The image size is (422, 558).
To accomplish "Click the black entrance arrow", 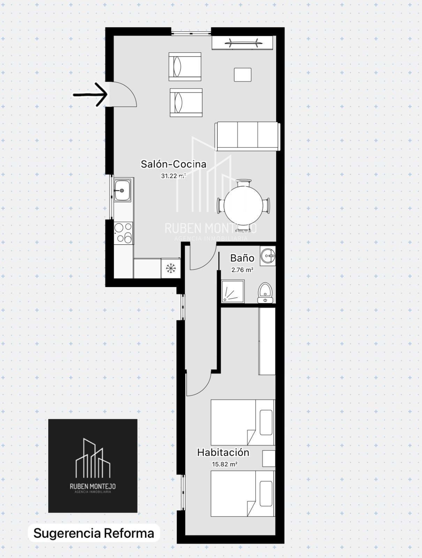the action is tap(90, 95).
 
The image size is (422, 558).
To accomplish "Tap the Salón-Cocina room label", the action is tap(174, 164).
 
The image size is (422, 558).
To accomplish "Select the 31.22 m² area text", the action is tap(173, 176).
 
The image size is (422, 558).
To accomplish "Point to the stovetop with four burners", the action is tap(123, 233).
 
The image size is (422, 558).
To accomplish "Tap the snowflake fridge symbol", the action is tap(171, 269).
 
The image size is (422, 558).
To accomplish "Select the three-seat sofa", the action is tap(247, 136).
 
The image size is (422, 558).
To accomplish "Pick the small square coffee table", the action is tap(242, 75).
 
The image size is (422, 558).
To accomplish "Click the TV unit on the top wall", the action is tap(242, 43).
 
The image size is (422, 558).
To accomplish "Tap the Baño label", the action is tap(242, 258).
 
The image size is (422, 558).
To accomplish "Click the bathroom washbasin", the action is tap(268, 256).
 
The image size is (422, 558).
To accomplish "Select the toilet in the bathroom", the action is tap(265, 293).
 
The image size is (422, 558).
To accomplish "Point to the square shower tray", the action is tap(233, 291).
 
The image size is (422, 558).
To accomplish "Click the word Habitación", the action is tap(223, 453).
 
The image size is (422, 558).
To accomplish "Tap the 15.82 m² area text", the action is tap(225, 465).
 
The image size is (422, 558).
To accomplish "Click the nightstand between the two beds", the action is tap(269, 458).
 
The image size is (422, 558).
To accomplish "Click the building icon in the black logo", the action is tap(93, 458).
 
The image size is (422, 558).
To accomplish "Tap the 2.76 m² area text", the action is tap(242, 270).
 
